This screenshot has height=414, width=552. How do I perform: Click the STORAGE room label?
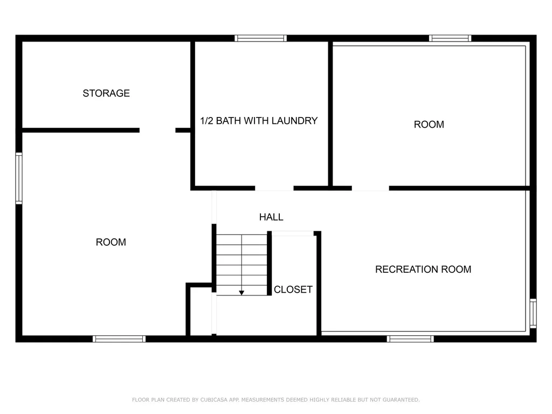(x=106, y=93)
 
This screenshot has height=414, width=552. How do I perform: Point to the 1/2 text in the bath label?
(x=206, y=121)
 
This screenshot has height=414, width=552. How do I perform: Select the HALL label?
(x=271, y=217)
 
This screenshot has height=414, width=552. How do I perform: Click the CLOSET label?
(x=293, y=289)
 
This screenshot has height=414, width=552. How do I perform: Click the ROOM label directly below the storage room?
(x=111, y=242)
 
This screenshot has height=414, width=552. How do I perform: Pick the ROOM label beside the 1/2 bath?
(x=429, y=125)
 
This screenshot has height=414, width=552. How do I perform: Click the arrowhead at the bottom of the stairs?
(x=241, y=293)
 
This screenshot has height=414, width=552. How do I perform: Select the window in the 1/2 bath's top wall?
(x=260, y=38)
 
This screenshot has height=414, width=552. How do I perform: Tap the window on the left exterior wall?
(x=19, y=178)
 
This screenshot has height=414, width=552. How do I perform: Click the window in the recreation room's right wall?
(x=533, y=313)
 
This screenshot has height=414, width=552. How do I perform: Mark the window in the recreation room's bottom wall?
(x=410, y=339)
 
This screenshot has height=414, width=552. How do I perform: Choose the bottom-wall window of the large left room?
(x=119, y=339)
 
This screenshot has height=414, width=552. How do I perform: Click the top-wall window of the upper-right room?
(x=450, y=38)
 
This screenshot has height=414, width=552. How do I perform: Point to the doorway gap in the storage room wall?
(x=157, y=130)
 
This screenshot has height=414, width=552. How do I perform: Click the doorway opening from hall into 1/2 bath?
(x=274, y=188)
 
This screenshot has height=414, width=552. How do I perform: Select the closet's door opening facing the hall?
(x=293, y=233)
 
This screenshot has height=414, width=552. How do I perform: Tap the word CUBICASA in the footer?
(x=215, y=399)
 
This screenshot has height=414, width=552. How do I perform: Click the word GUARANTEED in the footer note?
(x=401, y=399)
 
